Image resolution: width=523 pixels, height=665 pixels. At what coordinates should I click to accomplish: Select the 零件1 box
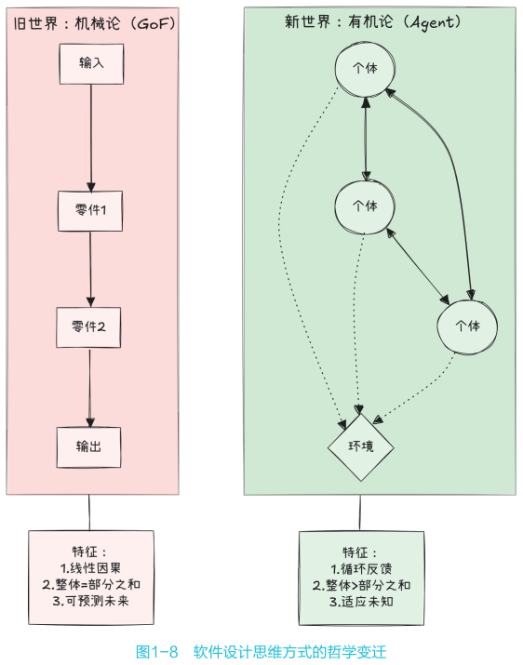click(91, 210)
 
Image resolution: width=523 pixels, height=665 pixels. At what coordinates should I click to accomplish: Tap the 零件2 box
click(90, 327)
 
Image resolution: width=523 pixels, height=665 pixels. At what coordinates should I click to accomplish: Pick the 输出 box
click(89, 446)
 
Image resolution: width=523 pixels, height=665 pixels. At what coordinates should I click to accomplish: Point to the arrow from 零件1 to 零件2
click(90, 269)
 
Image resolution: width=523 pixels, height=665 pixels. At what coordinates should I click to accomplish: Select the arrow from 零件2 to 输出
click(89, 387)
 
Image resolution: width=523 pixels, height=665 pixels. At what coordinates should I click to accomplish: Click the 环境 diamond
click(361, 446)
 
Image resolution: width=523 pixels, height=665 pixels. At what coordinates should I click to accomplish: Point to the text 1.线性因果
click(90, 567)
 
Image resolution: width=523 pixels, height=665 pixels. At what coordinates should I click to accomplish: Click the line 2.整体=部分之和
click(90, 584)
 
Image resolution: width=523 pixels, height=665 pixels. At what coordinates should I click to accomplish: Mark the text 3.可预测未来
click(90, 602)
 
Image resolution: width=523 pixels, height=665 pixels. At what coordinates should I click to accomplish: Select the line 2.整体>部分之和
click(361, 586)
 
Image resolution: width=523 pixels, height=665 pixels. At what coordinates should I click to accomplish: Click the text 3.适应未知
click(361, 603)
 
